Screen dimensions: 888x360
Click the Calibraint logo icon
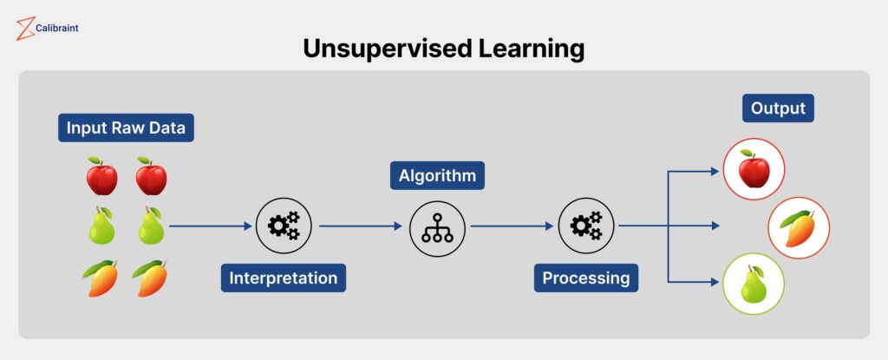(25, 29)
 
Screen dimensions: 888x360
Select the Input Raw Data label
(126, 128)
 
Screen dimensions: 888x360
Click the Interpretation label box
(284, 278)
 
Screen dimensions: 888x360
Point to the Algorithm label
(437, 176)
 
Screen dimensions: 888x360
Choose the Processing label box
(586, 278)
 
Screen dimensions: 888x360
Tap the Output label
(778, 108)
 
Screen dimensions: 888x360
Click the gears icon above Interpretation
(284, 226)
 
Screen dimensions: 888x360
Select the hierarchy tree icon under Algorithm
(437, 229)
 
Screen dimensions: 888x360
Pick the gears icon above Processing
(586, 226)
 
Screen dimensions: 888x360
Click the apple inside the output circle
(754, 169)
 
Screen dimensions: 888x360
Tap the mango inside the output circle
(799, 228)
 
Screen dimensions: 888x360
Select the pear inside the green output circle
(754, 284)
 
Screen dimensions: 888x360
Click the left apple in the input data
(102, 176)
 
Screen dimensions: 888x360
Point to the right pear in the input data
(151, 226)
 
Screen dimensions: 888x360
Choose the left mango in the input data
(101, 278)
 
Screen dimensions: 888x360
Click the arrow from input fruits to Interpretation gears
(210, 226)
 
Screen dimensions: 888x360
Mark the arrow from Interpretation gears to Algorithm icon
(361, 226)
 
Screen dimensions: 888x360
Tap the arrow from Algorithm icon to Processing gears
(512, 226)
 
